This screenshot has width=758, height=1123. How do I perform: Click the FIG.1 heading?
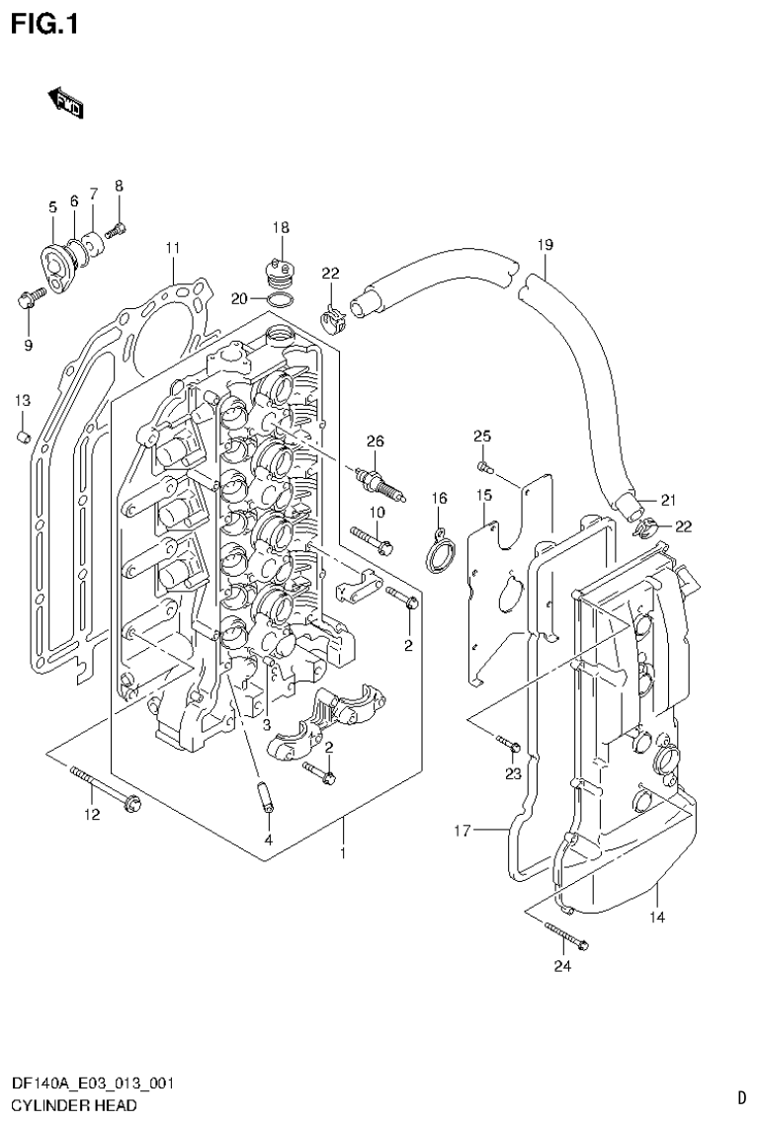click(43, 23)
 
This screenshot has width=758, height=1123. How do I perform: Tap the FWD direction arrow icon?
click(66, 102)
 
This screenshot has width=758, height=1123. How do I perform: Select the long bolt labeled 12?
click(105, 787)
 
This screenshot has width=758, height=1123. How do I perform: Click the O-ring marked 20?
click(280, 299)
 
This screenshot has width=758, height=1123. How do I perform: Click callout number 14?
click(657, 918)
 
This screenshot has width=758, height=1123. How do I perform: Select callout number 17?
click(462, 831)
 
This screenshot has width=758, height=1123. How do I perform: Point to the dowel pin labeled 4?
click(266, 796)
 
